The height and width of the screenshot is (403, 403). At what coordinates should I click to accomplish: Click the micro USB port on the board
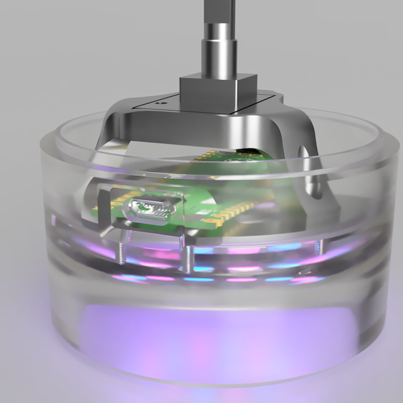pos(150,209)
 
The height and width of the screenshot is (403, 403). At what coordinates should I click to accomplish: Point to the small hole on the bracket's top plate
pos(159,103)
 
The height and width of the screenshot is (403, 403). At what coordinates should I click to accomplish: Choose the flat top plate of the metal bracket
pos(201,105)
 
